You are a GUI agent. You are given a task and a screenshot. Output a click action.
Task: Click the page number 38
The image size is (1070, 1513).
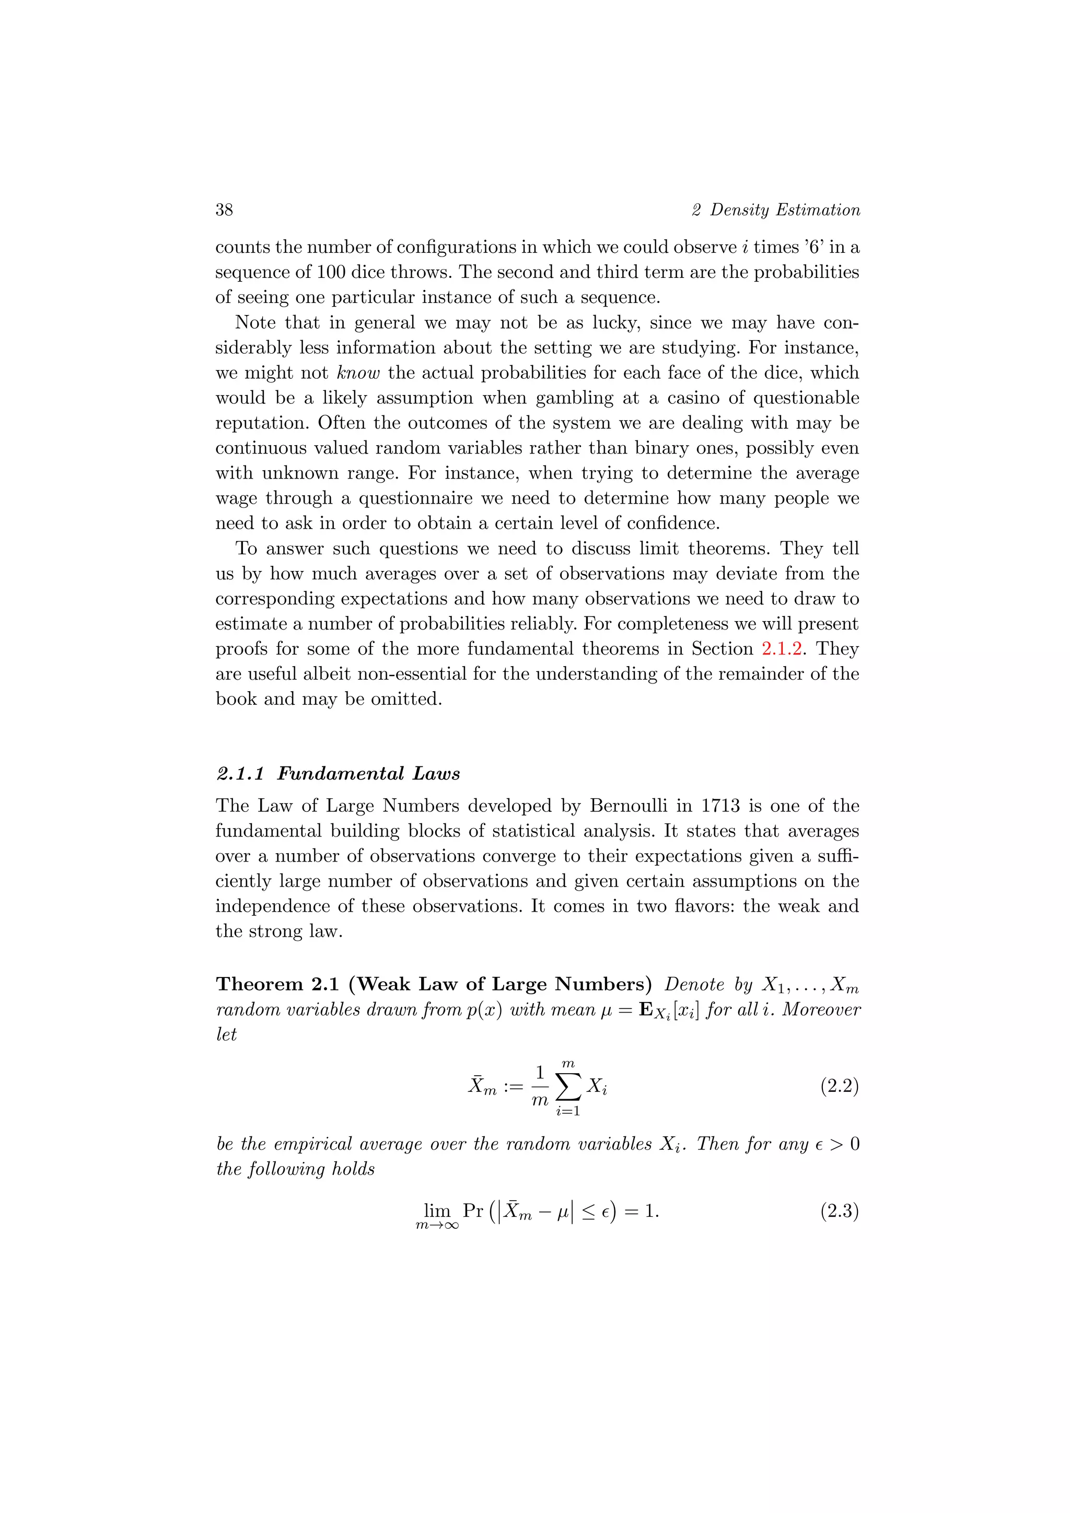(224, 210)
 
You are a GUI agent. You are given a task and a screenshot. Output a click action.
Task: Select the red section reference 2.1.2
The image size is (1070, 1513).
(782, 648)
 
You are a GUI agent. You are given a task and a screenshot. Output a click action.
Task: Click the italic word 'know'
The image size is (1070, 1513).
(358, 373)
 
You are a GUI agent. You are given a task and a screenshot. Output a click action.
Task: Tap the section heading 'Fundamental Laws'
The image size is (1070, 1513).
(368, 773)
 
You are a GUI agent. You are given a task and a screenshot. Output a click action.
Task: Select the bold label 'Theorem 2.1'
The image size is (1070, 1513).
(277, 984)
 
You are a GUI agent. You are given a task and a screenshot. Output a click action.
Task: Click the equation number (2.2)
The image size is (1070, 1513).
(839, 1085)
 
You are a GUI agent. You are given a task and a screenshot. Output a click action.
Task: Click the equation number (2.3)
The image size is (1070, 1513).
(839, 1211)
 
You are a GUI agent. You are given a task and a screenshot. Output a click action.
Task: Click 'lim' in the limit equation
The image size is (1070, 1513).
(437, 1211)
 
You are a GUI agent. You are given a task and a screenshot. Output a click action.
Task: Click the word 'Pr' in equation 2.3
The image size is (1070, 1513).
(472, 1211)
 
